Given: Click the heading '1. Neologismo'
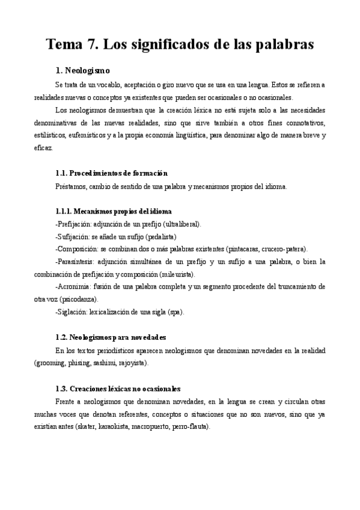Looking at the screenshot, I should pyautogui.click(x=82, y=71).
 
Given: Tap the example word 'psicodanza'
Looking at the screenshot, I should pyautogui.click(x=79, y=299).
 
